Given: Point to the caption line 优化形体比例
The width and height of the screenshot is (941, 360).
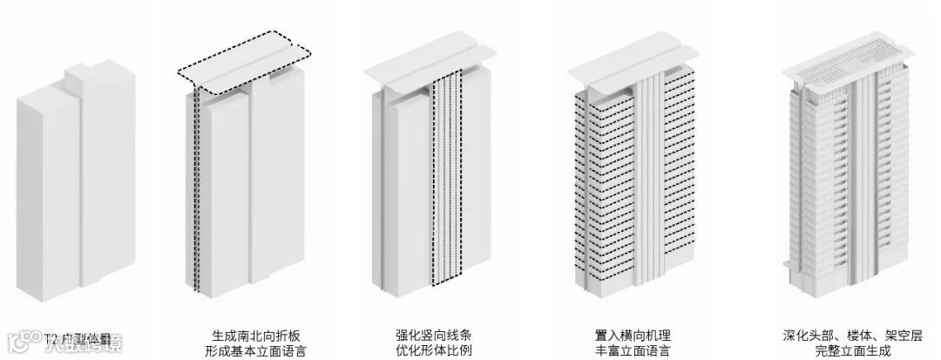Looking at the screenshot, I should click(x=433, y=352).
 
